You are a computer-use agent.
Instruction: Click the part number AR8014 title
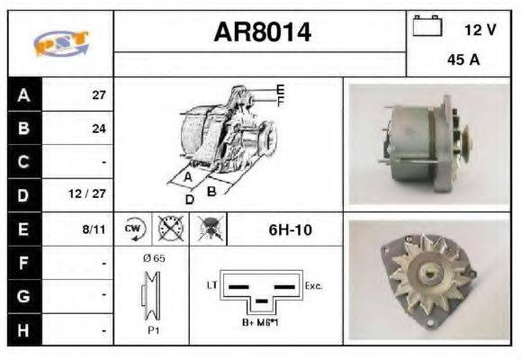262,32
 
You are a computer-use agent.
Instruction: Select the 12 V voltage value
480,30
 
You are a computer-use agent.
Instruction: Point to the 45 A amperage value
462,62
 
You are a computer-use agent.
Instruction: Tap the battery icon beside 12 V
427,26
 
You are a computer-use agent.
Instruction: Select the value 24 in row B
99,129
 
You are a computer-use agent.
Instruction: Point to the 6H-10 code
291,229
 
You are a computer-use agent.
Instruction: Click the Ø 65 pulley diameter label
153,258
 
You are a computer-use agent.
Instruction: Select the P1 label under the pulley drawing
153,330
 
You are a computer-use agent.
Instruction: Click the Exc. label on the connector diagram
314,285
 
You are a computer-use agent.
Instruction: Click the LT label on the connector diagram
212,285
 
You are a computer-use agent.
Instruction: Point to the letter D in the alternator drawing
190,199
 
